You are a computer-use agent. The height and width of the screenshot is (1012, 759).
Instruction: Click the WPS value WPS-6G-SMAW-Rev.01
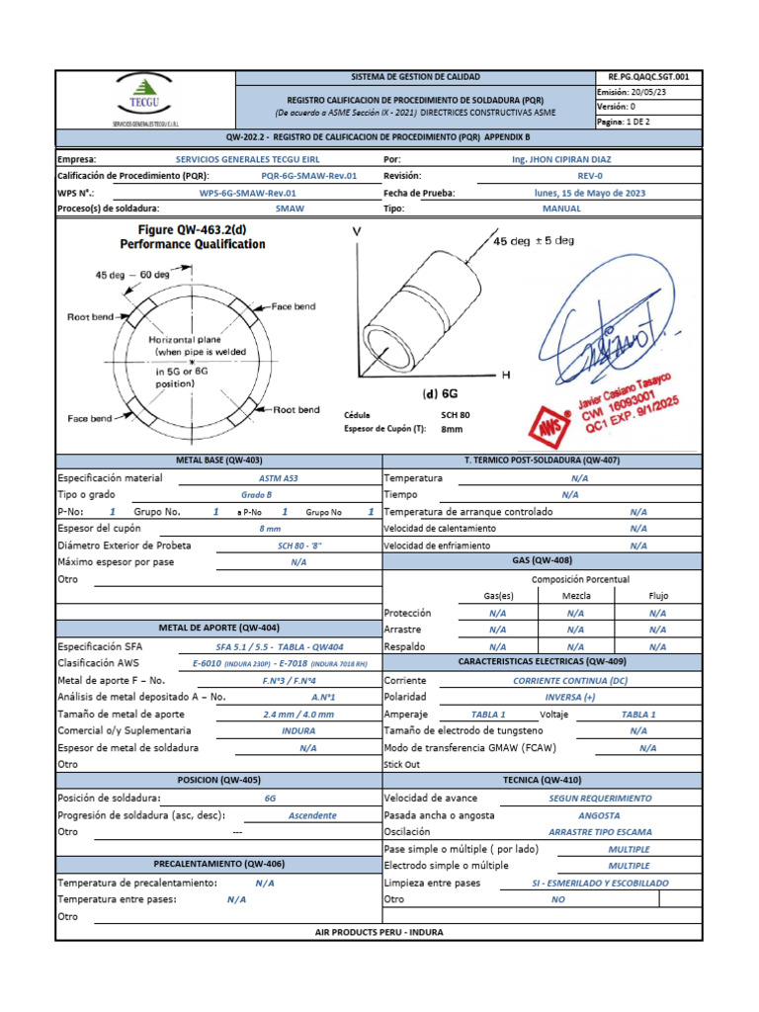248,193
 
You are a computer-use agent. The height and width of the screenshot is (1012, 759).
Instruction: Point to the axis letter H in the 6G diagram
506,376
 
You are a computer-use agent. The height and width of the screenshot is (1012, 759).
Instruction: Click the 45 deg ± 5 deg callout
534,240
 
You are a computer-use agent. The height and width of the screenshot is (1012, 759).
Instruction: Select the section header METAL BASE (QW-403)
218,461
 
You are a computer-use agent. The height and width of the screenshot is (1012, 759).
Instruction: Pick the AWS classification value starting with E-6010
279,663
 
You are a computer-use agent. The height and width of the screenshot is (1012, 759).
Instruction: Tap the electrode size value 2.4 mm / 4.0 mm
298,714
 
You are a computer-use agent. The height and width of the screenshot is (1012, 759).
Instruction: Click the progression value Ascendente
312,815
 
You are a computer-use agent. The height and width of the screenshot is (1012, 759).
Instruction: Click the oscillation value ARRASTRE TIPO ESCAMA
599,832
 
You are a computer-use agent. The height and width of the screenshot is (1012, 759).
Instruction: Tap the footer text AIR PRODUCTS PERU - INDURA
379,932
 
